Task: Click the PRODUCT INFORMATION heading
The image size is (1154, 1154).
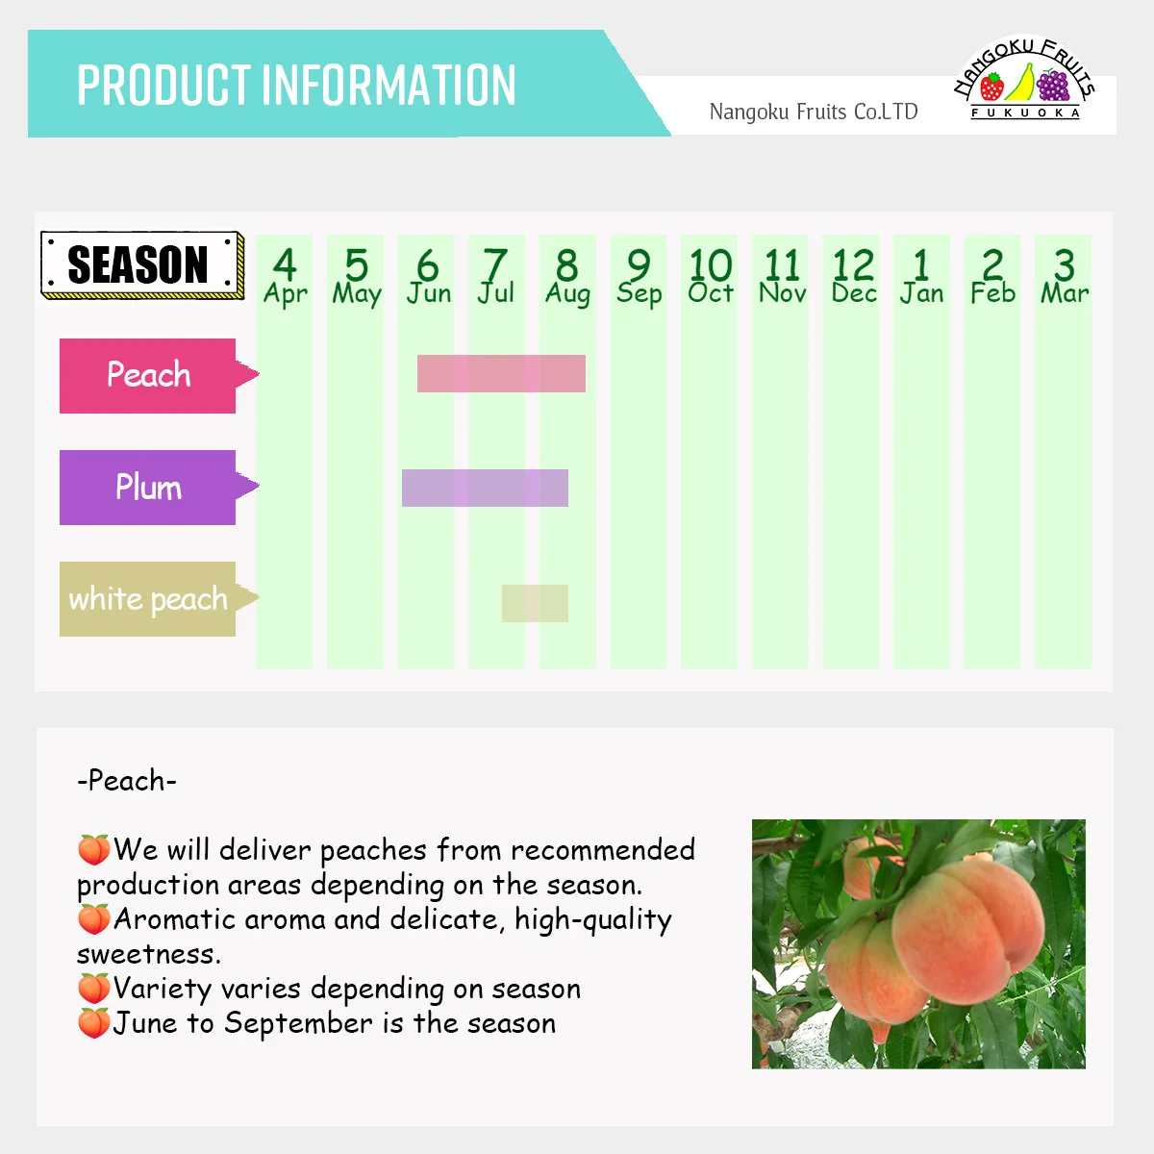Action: pyautogui.click(x=296, y=85)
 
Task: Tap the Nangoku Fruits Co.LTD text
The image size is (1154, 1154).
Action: pyautogui.click(x=813, y=112)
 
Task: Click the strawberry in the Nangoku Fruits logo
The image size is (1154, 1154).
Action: pyautogui.click(x=991, y=88)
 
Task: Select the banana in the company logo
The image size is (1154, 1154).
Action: pyautogui.click(x=1021, y=83)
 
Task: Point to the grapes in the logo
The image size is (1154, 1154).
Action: pyautogui.click(x=1053, y=86)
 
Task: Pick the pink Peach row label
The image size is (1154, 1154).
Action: pyautogui.click(x=148, y=375)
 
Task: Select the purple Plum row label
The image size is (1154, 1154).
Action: pyautogui.click(x=148, y=488)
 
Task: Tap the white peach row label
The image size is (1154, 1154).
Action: pyautogui.click(x=148, y=599)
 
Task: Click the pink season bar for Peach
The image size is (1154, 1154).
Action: pyautogui.click(x=501, y=373)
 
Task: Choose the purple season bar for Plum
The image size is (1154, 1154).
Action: pyautogui.click(x=485, y=488)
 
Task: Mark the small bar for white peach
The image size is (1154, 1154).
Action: pyautogui.click(x=535, y=603)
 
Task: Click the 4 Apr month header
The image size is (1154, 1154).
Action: pyautogui.click(x=285, y=277)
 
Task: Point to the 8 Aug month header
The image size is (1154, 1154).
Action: pyautogui.click(x=567, y=277)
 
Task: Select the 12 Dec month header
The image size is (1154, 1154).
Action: pyautogui.click(x=852, y=277)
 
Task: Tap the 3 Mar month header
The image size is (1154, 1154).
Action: pyautogui.click(x=1064, y=277)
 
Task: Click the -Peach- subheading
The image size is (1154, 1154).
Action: pyautogui.click(x=127, y=780)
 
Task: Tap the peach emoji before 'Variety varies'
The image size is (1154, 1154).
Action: pyautogui.click(x=93, y=989)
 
